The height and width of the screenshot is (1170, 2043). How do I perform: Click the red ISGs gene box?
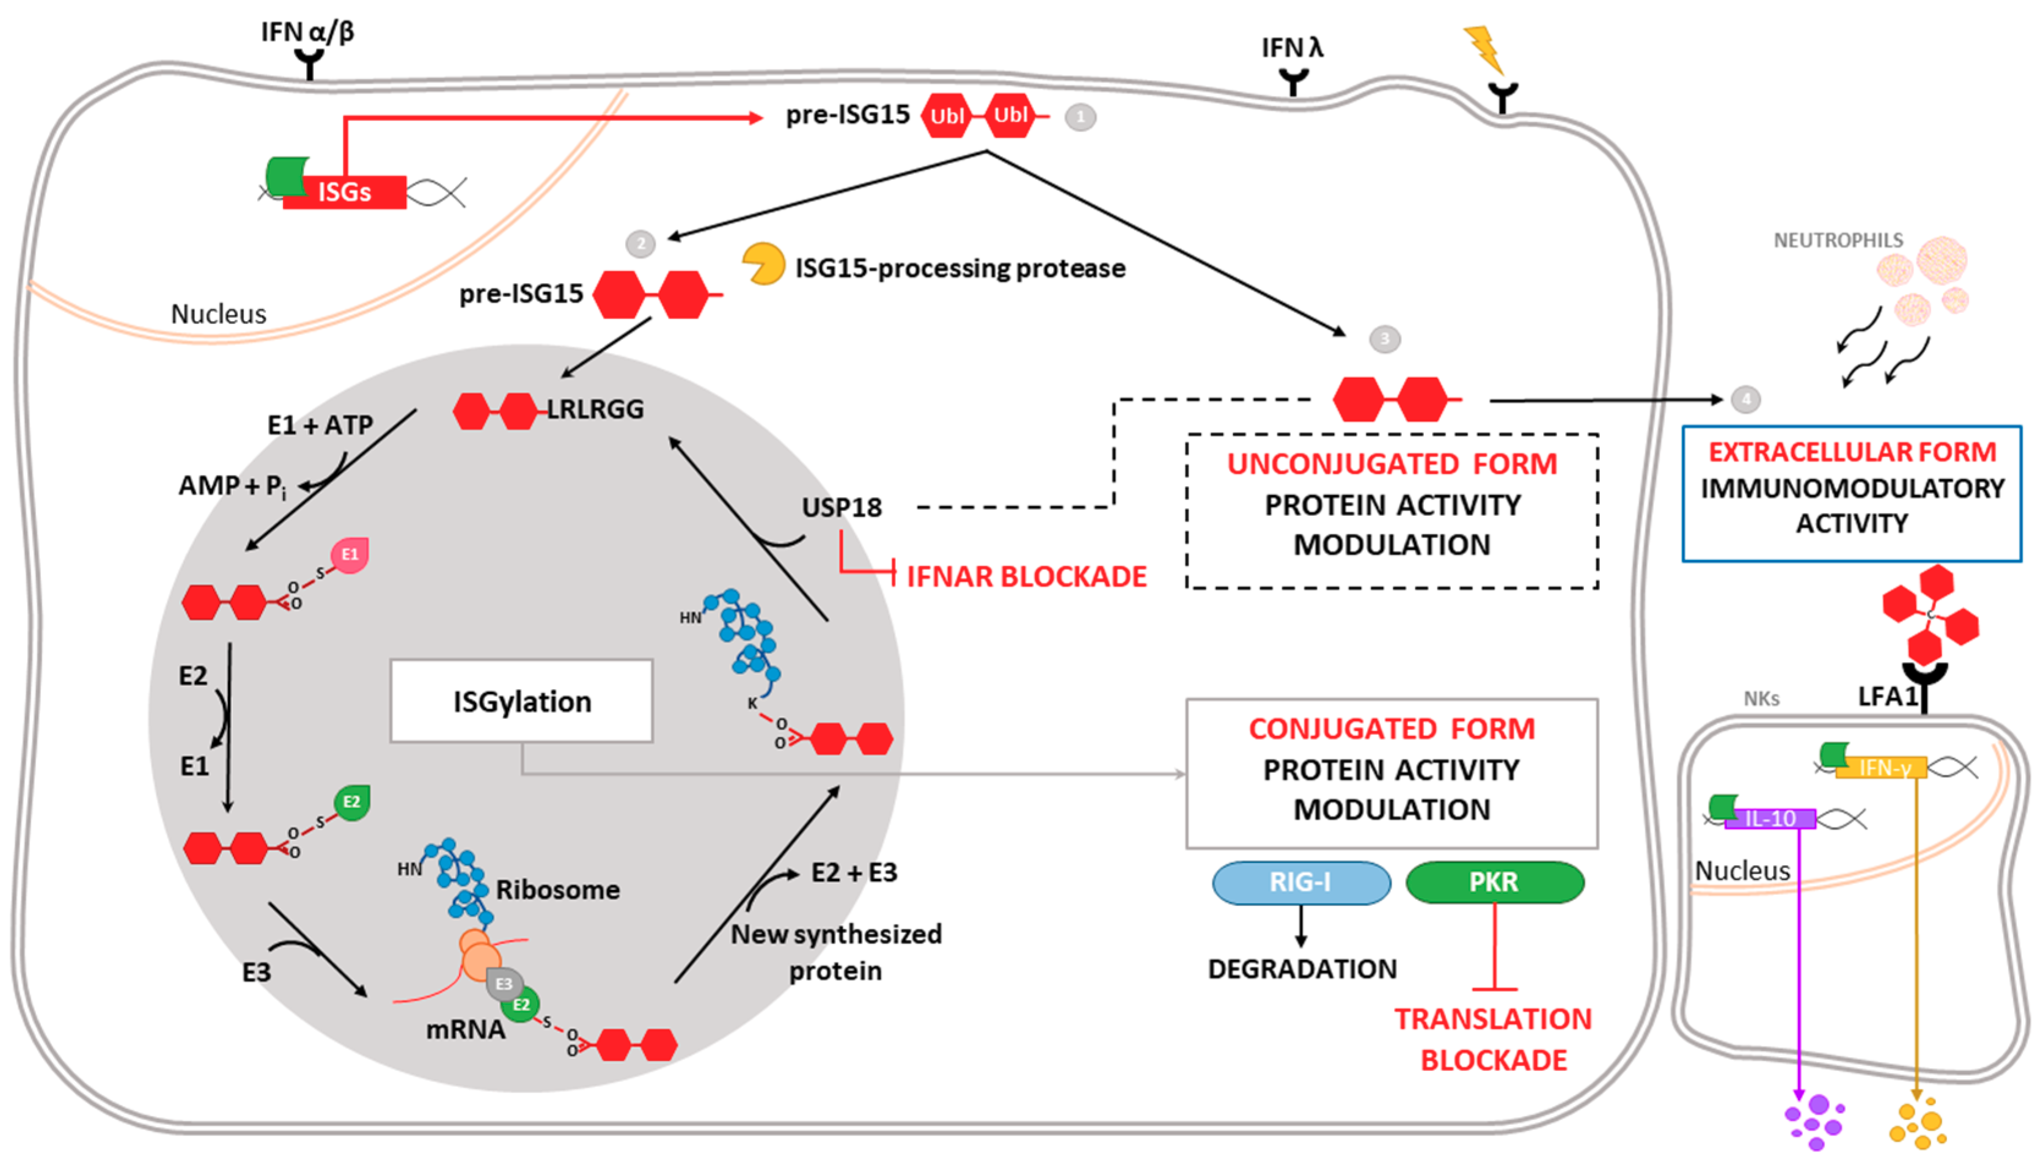coord(345,193)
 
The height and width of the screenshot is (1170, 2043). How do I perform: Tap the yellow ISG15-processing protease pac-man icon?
coord(761,263)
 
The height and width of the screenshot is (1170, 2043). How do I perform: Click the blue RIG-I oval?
coord(1300,882)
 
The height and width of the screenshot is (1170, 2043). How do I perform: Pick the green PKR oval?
coord(1494,882)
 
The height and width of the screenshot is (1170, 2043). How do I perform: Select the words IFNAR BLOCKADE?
coord(1026,577)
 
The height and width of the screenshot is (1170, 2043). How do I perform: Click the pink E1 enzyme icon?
coord(350,555)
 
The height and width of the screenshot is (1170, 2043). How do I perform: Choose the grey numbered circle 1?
coord(1080,117)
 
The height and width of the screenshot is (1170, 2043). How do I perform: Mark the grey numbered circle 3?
coord(1384,339)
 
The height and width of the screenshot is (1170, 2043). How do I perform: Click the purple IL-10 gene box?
coord(1770,819)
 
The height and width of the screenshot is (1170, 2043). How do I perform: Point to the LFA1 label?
coord(1887,697)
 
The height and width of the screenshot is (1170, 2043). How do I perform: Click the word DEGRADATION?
coord(1302,969)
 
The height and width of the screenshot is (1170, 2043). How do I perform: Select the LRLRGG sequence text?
coord(595,409)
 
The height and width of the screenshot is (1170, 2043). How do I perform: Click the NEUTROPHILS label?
coord(1838,240)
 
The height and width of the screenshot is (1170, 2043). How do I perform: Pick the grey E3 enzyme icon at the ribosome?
coord(504,984)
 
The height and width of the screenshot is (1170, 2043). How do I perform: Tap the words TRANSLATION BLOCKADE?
coord(1493,1040)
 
